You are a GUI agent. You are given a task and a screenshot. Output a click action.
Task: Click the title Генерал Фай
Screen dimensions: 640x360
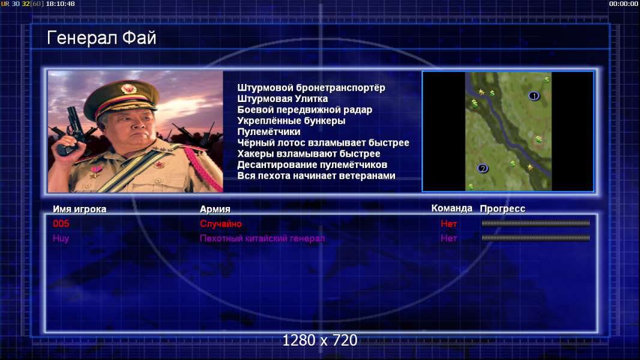[x=101, y=38]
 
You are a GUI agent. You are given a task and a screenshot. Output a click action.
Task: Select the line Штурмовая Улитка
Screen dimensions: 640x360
[x=282, y=98]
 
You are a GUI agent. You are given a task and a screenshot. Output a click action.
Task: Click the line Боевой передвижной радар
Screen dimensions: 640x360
[x=304, y=110]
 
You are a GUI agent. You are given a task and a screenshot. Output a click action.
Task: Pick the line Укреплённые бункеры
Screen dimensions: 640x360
[x=291, y=121]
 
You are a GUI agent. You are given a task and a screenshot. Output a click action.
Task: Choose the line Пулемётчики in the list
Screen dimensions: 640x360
[x=268, y=131]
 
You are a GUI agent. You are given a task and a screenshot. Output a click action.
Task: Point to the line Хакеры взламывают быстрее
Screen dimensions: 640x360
[x=309, y=154]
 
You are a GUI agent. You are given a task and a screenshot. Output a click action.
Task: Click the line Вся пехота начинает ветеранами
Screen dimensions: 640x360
[x=316, y=176]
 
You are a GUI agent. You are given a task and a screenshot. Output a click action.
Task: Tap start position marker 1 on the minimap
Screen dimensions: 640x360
[x=534, y=96]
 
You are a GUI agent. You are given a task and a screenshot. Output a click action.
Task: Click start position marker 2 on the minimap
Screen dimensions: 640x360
[x=483, y=169]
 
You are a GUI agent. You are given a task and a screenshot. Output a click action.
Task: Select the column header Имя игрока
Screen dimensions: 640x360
[x=80, y=209]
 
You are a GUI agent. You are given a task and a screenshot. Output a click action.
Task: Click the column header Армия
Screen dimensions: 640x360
[x=215, y=209]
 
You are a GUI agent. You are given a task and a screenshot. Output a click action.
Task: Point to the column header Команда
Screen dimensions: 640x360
[x=452, y=208]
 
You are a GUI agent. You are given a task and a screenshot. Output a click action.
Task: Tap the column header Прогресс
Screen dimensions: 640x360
[x=503, y=209]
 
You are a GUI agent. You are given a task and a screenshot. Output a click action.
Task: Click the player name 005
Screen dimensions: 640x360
[x=61, y=223]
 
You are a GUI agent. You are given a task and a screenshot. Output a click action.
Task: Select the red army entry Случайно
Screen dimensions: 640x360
[x=221, y=224]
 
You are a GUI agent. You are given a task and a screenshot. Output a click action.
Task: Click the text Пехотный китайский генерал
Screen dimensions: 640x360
[x=262, y=239]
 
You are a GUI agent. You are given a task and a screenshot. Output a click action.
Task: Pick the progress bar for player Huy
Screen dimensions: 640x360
[x=536, y=238]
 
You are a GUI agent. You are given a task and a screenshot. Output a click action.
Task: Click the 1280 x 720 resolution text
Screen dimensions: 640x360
[x=320, y=340]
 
